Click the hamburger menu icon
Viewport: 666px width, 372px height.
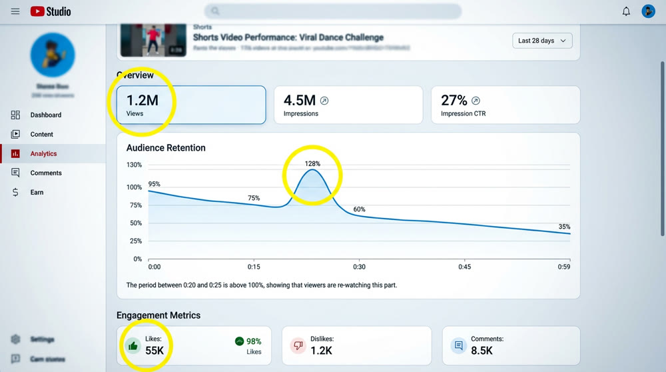15,11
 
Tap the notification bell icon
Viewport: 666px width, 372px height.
626,11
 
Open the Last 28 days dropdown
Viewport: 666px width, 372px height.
542,41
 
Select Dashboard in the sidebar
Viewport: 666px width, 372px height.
45,115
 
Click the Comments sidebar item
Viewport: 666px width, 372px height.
45,173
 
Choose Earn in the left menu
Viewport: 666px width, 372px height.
37,192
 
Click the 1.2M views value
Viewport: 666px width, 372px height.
143,100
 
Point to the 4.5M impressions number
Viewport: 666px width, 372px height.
299,100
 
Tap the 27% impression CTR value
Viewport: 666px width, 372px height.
454,100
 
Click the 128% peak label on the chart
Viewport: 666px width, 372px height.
312,163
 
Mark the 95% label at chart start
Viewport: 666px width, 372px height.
154,184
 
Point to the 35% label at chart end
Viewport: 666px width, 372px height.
564,227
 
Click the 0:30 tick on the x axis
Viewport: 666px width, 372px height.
358,267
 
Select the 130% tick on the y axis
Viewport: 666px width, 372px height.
134,165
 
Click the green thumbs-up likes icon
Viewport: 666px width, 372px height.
133,345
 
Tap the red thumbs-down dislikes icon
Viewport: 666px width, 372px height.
298,345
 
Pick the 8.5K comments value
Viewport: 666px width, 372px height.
482,350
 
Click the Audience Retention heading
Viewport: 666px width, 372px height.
166,147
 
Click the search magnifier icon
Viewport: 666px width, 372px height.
215,11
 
